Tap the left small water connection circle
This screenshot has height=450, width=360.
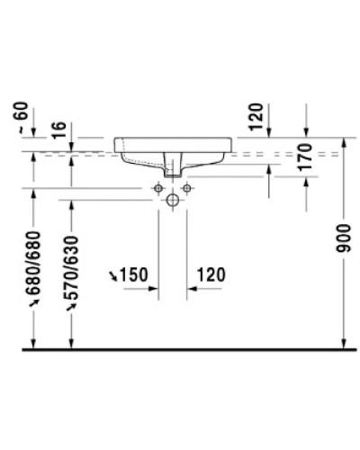coord(158,188)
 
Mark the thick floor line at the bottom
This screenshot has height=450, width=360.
coord(180,347)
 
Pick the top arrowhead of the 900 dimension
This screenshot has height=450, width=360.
coord(345,142)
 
